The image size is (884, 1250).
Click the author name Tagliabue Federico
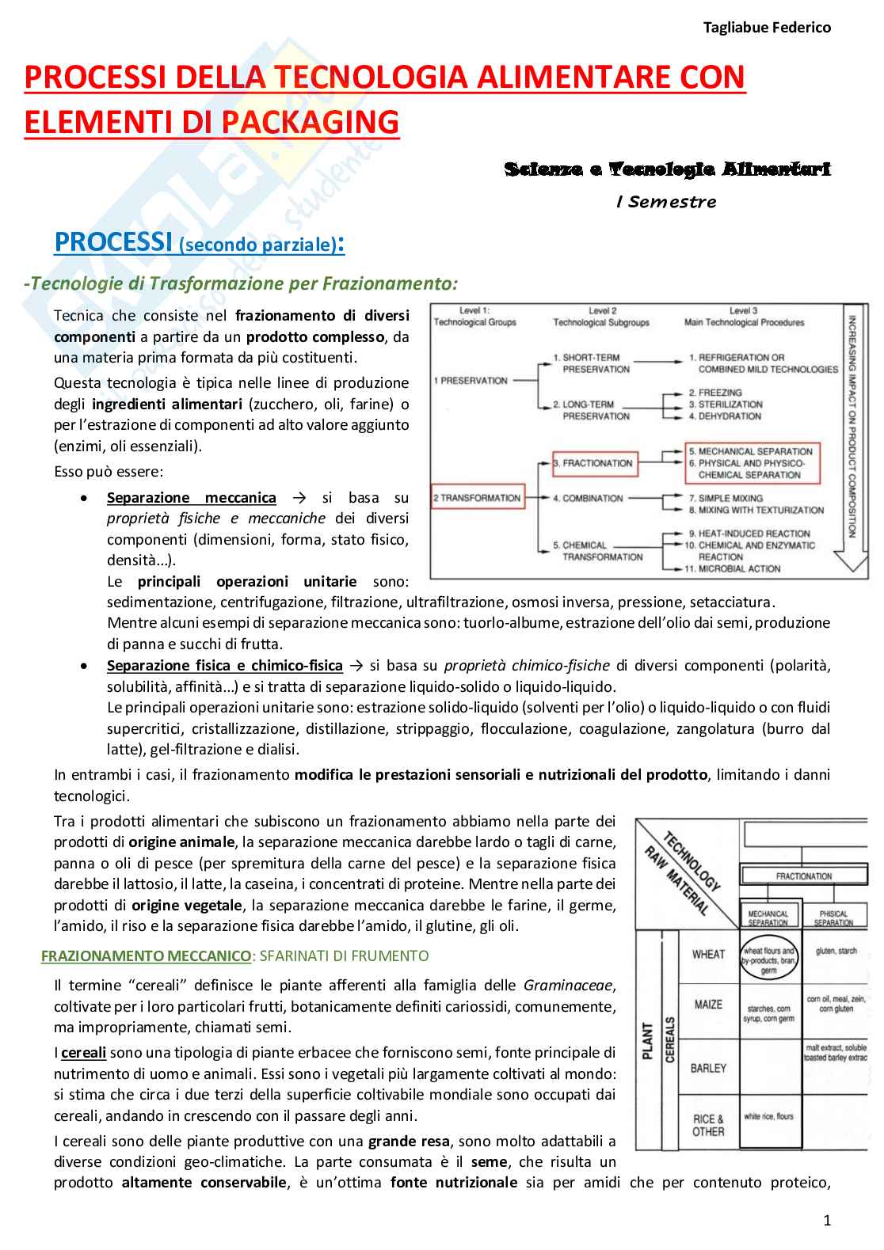767,28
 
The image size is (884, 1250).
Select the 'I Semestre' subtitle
666,202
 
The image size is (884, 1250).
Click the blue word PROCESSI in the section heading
112,242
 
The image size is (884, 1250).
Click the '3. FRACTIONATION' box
594,463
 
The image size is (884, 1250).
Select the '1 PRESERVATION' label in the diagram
471,381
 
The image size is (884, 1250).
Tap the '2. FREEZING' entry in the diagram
714,393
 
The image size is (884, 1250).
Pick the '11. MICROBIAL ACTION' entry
733,568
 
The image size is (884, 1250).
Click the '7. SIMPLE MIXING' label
725,498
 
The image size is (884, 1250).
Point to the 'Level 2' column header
602,311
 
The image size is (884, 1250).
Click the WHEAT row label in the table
708,954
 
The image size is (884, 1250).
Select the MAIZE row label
708,1005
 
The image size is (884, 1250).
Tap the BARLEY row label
708,1068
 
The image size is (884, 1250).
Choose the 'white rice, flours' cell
768,1117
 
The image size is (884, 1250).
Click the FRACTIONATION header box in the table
803,876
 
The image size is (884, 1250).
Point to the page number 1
827,1220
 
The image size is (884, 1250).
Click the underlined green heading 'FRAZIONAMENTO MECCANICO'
146,956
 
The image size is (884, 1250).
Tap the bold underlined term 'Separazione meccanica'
192,498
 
